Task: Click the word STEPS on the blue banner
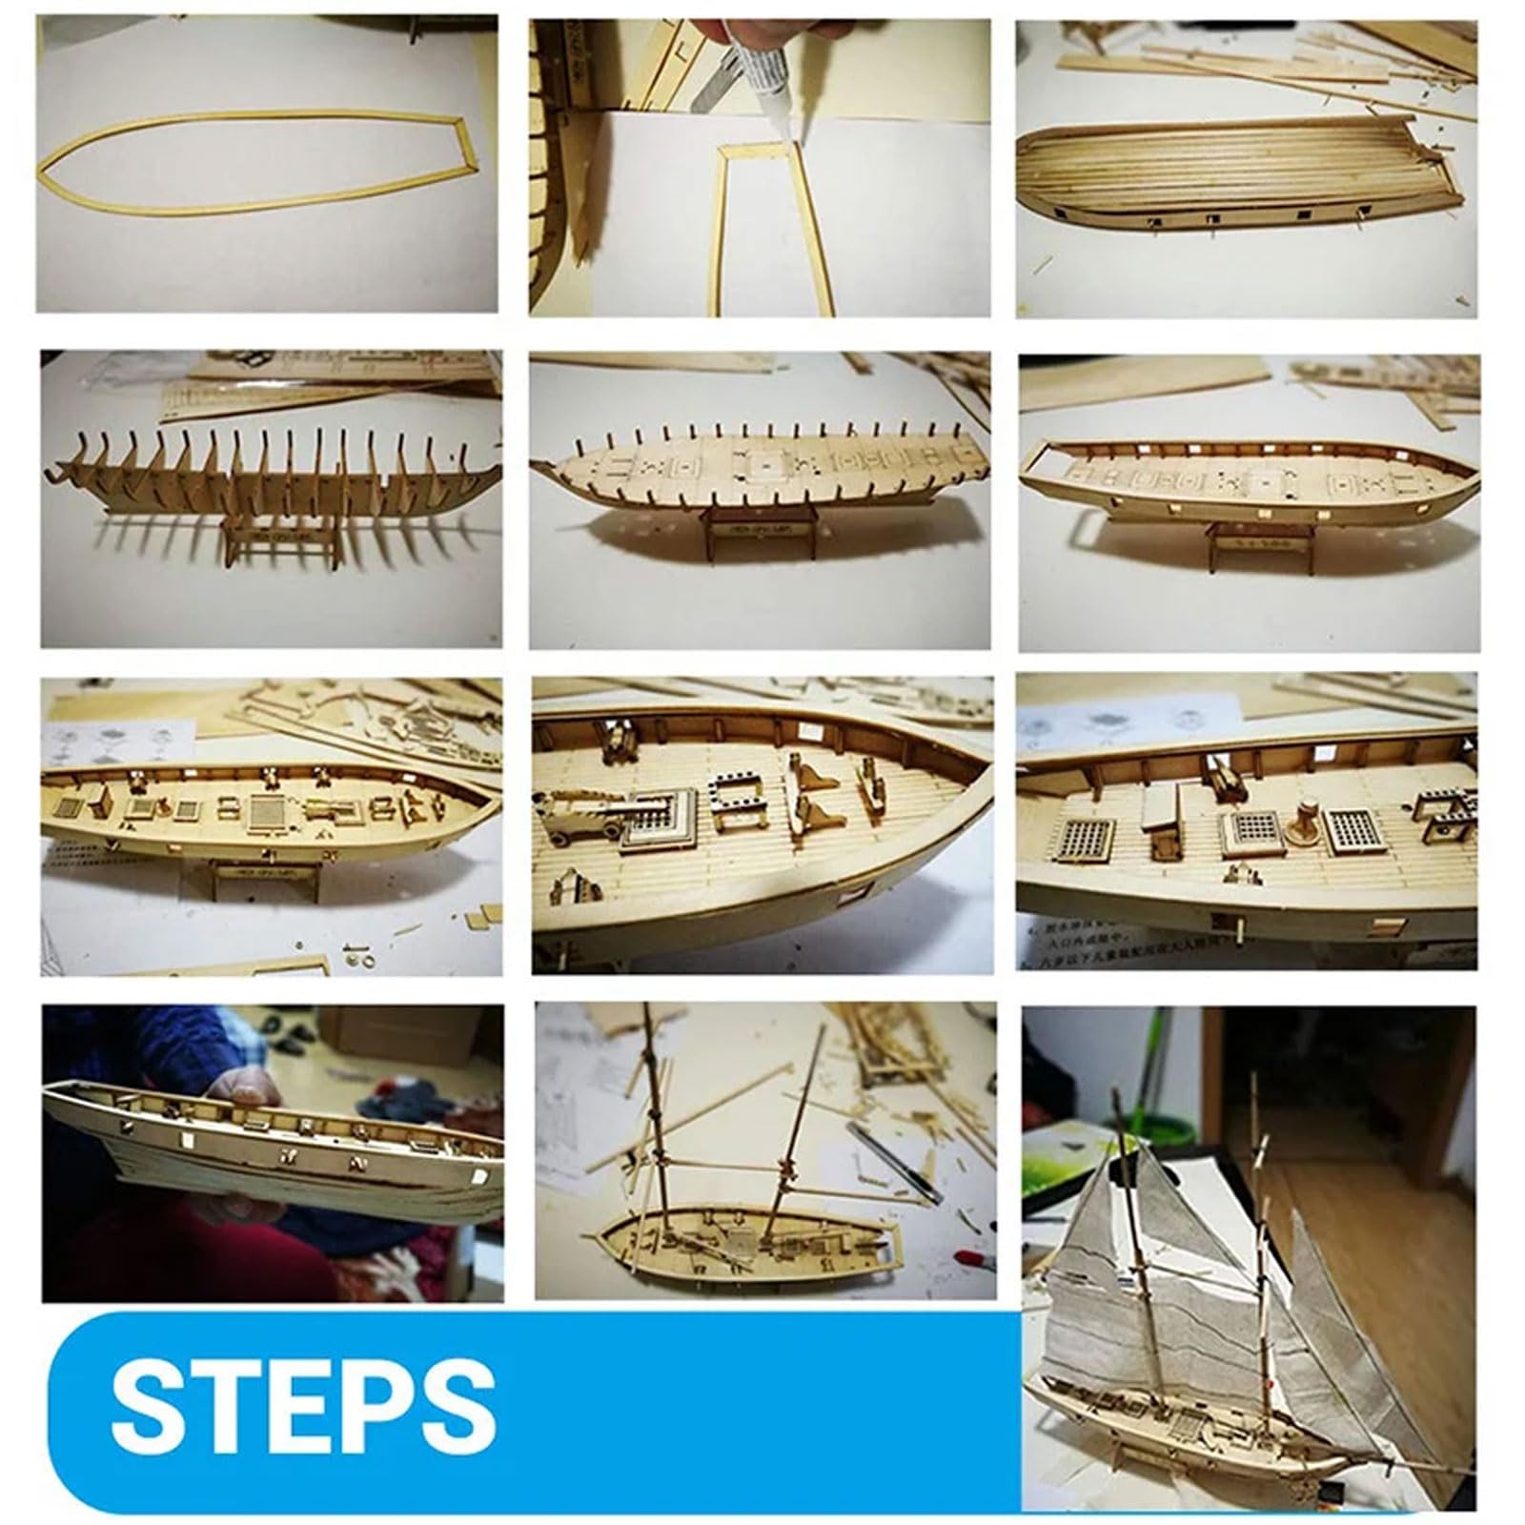(x=303, y=1402)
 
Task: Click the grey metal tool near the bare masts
(x=891, y=1158)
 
